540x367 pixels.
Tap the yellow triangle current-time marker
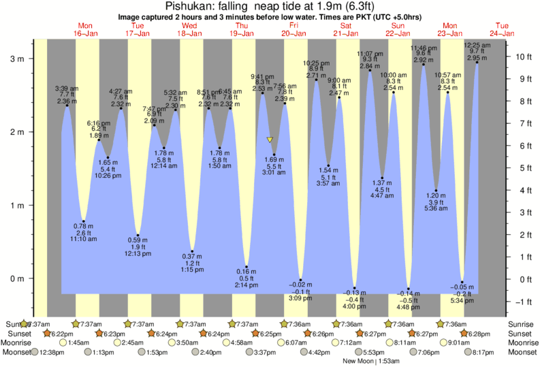270,140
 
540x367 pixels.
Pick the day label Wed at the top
189,25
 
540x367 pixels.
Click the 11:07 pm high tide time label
370,53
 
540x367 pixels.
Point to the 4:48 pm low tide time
409,307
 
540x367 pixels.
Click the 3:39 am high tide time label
67,88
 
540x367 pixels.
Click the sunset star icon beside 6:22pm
46,334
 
